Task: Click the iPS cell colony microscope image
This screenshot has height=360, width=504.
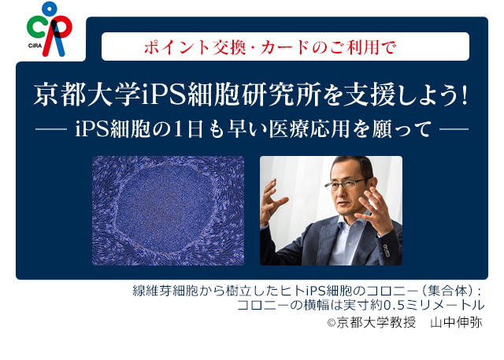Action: point(168,210)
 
